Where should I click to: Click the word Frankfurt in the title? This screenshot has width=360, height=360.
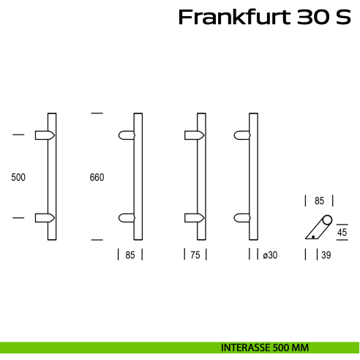[x=235, y=17]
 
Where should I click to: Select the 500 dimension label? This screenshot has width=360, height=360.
[x=18, y=177]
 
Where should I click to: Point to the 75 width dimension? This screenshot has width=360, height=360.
[x=195, y=255]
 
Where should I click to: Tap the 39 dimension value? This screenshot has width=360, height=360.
[x=326, y=255]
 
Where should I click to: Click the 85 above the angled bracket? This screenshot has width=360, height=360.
[x=319, y=199]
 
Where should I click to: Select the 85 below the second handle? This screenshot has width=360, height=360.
[x=130, y=255]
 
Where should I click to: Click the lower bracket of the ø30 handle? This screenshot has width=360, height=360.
[x=242, y=217]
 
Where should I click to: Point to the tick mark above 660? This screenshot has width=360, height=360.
[x=96, y=113]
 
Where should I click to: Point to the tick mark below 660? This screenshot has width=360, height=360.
[x=96, y=239]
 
